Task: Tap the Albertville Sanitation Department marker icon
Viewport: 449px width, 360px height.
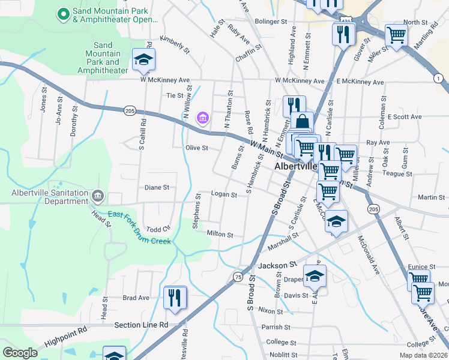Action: coord(97,196)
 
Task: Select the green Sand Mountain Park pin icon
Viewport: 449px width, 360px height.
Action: coord(62,14)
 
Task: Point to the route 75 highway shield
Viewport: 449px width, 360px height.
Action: coord(238,277)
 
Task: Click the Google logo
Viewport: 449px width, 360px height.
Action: coord(20,353)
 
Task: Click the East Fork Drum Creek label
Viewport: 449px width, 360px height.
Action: coord(139,228)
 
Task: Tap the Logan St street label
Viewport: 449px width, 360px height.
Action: coord(224,194)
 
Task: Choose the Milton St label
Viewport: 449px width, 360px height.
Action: coord(220,234)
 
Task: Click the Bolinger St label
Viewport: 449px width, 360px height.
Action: coord(271,22)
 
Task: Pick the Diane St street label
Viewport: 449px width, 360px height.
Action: coord(157,187)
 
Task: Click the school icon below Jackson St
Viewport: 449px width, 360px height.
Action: coord(315,276)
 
